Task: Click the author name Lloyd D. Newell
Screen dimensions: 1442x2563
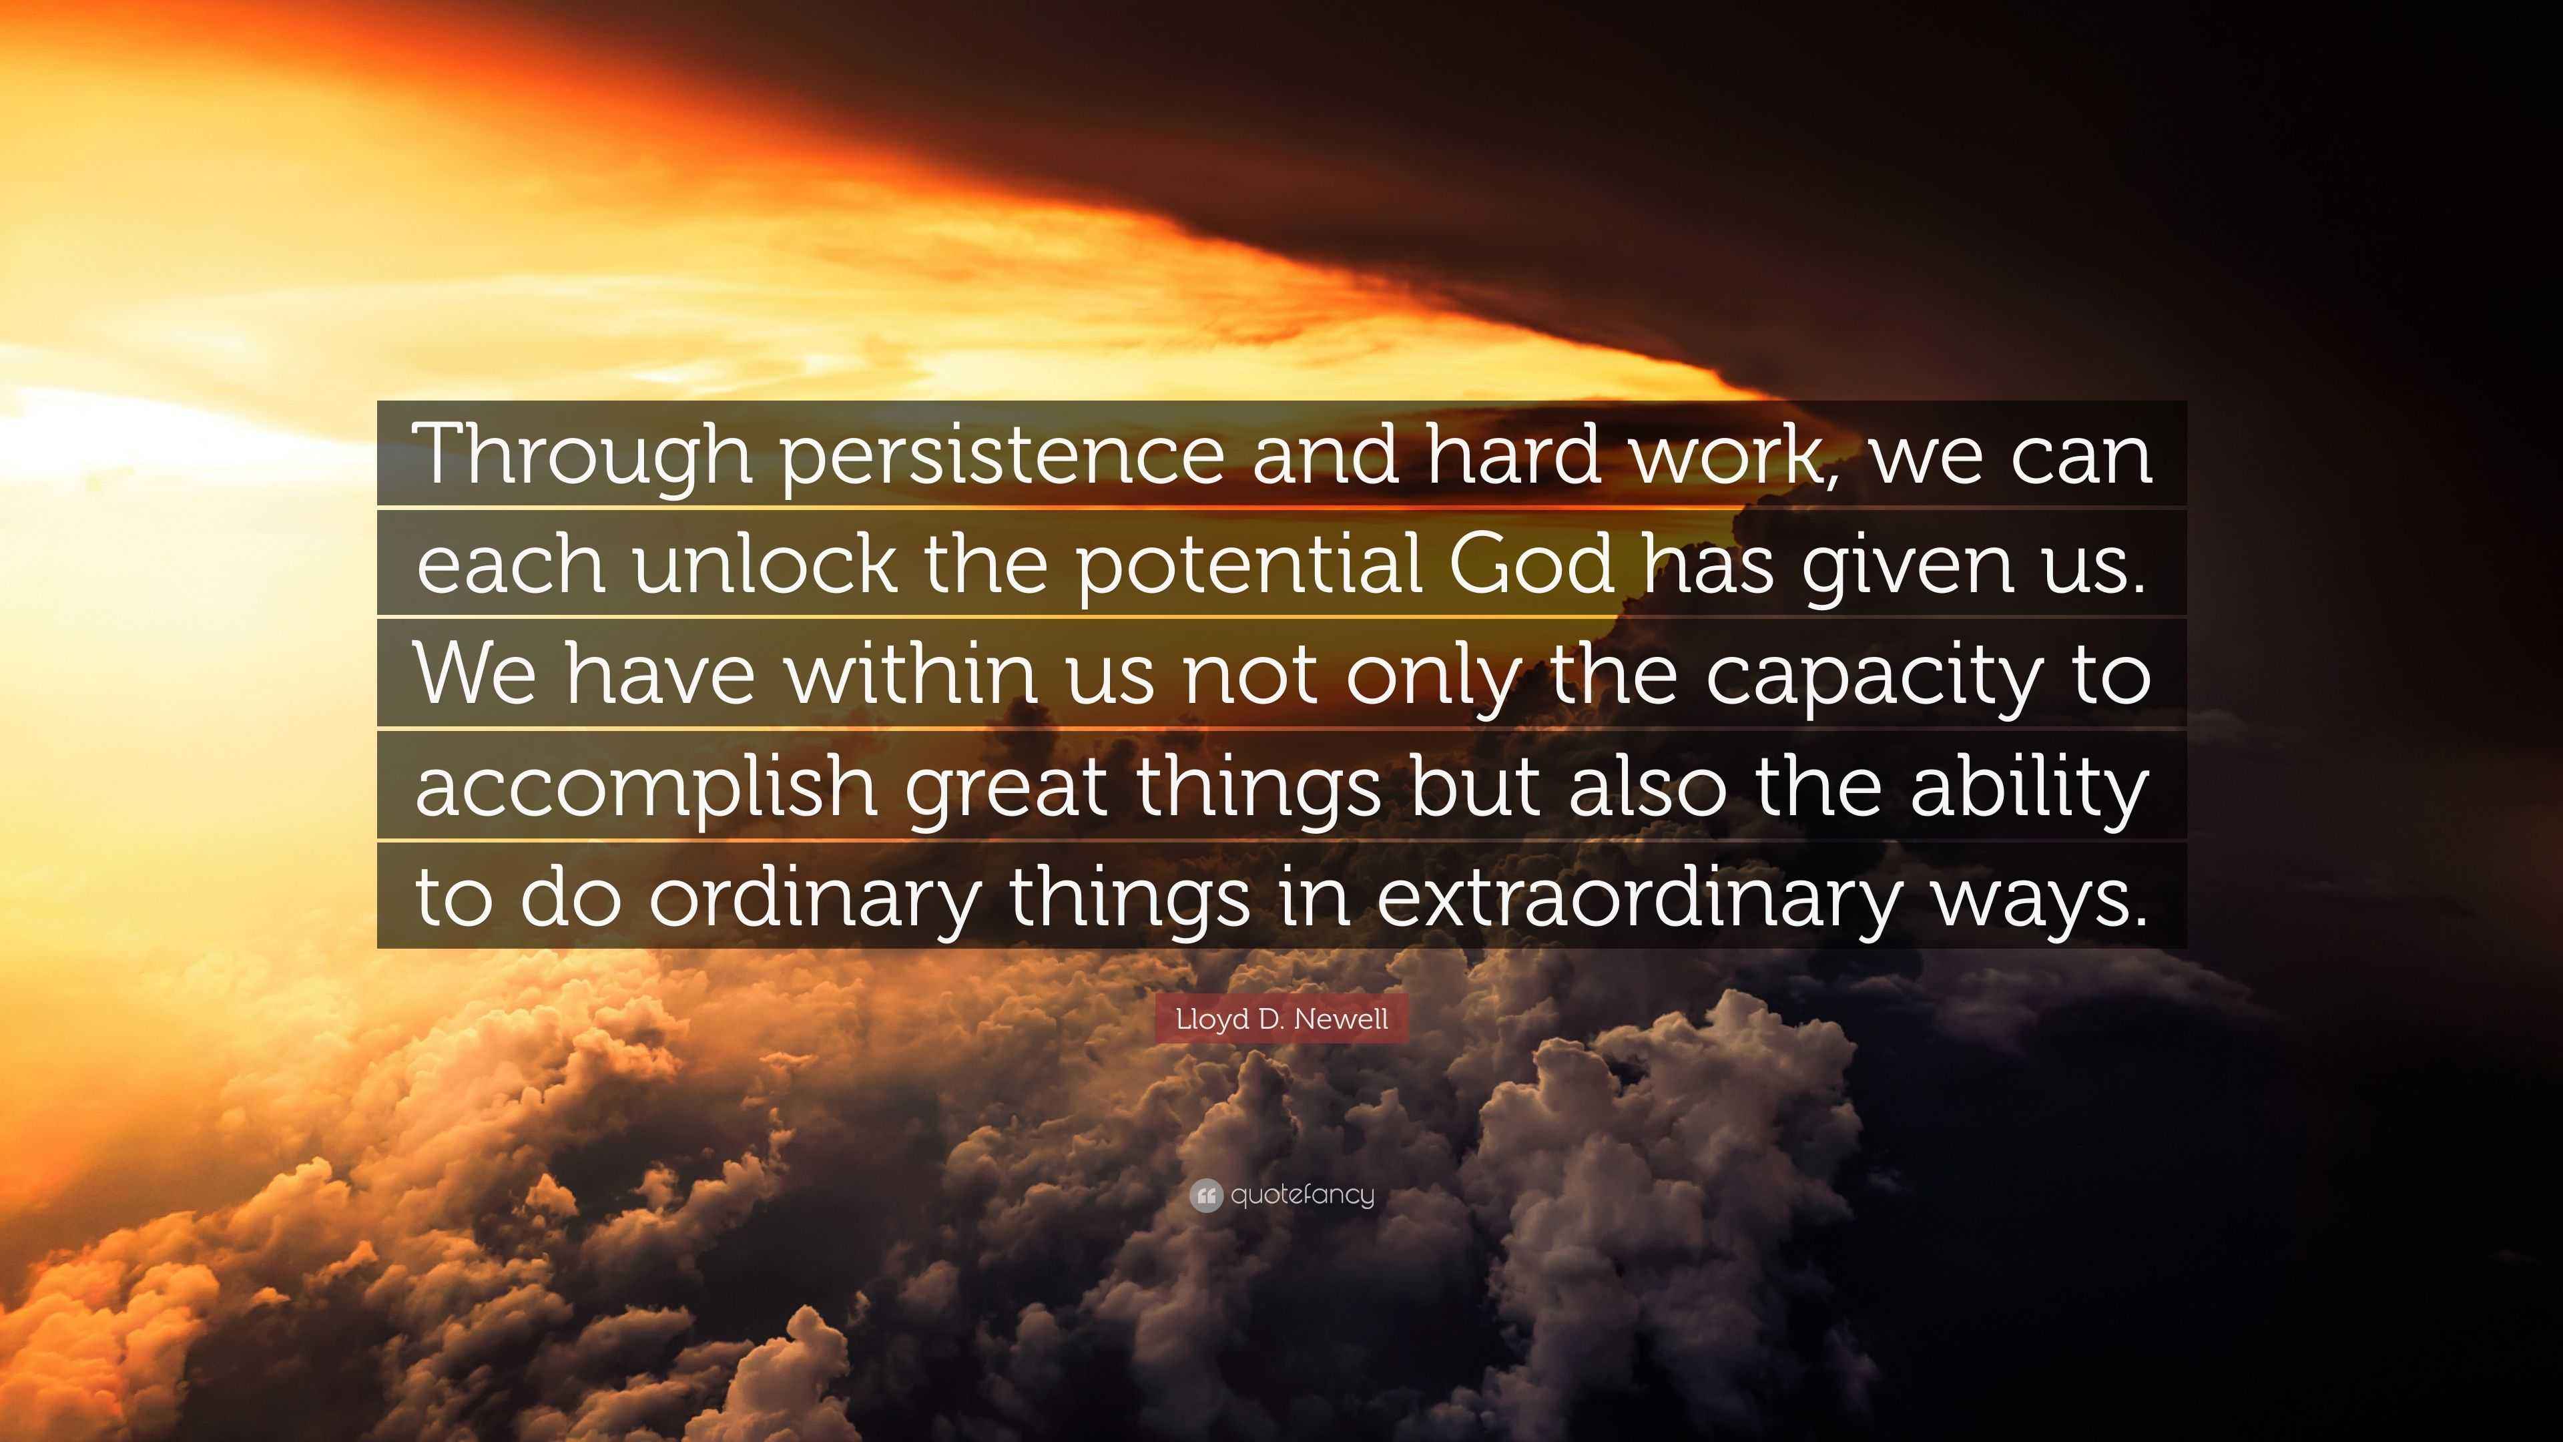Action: (x=1281, y=1019)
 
